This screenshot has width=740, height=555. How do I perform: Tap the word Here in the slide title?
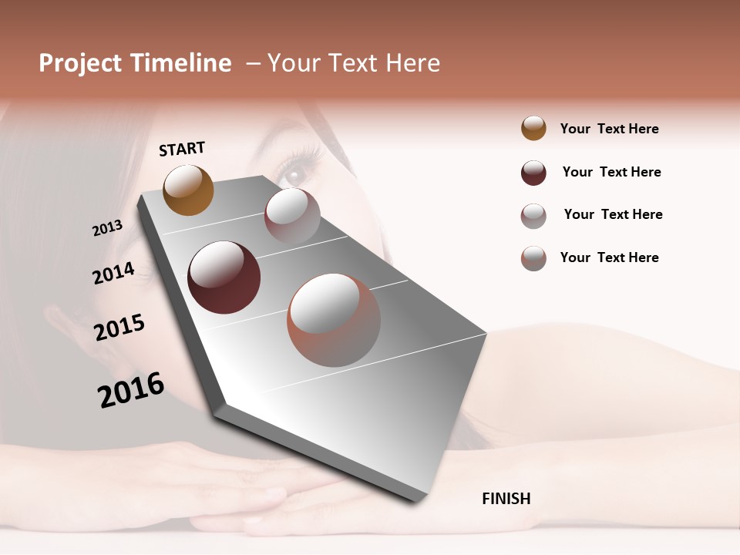(x=412, y=63)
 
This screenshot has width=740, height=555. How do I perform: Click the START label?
(x=182, y=149)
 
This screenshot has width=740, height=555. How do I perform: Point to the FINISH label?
(x=506, y=499)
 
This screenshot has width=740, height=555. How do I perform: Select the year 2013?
(x=107, y=228)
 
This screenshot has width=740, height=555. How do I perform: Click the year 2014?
(x=113, y=273)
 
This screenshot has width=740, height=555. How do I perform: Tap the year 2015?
(x=119, y=328)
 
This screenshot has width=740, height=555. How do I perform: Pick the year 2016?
(x=131, y=389)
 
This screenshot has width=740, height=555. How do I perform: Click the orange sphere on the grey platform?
(x=188, y=190)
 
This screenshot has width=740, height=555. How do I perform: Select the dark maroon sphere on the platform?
(x=224, y=277)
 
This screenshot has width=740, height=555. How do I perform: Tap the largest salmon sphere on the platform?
(x=334, y=320)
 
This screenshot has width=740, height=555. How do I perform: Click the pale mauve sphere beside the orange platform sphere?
(x=292, y=215)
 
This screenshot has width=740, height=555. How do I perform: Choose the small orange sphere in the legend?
(x=533, y=129)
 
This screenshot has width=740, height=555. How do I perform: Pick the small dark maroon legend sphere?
(x=533, y=173)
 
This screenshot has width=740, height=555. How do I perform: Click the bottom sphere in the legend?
(x=533, y=258)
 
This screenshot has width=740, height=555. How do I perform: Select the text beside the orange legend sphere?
(x=609, y=129)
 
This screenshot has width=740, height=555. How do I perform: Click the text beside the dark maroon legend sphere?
(x=611, y=172)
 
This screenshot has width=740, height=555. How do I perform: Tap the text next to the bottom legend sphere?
(x=609, y=257)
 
